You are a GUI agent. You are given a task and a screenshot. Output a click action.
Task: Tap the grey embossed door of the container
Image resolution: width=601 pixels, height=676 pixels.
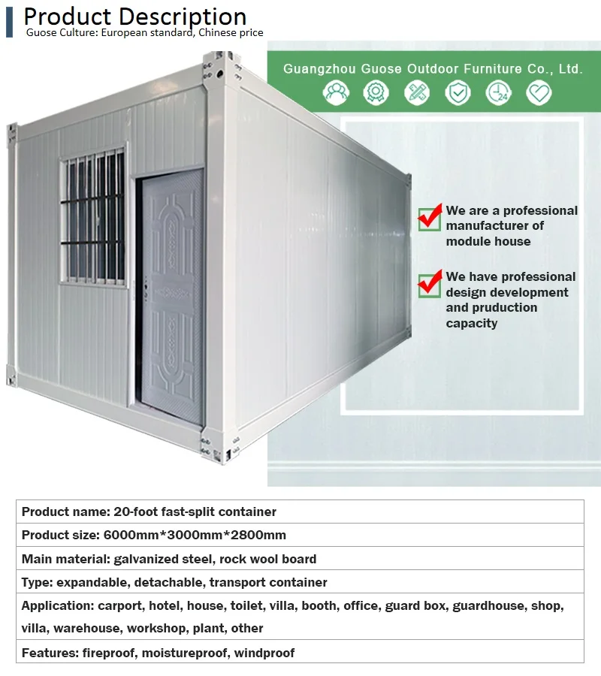click(x=173, y=296)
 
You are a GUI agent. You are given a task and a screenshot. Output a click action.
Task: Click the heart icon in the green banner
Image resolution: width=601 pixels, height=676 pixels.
click(x=539, y=92)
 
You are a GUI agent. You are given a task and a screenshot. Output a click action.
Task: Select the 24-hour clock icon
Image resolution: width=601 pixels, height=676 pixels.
click(x=498, y=92)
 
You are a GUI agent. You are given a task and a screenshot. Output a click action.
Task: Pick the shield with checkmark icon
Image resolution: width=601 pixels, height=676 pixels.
click(x=458, y=92)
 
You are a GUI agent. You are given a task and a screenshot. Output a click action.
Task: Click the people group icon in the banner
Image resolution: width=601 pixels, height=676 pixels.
click(x=336, y=92)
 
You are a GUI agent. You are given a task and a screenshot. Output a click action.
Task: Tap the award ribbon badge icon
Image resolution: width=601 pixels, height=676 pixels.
click(x=376, y=92)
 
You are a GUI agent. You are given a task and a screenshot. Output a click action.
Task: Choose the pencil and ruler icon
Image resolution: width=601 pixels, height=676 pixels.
click(x=417, y=92)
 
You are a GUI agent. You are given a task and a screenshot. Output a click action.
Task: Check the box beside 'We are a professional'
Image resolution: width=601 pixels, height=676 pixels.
click(x=430, y=218)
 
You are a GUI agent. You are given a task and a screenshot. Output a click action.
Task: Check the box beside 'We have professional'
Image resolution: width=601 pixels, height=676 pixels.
click(x=430, y=284)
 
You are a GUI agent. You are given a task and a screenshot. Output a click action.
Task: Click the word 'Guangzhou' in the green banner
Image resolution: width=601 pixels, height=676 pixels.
click(x=319, y=69)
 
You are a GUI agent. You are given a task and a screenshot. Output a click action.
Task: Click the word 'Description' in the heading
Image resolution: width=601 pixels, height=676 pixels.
click(x=183, y=17)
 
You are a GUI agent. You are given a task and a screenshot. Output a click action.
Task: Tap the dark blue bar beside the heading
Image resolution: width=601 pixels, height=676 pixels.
click(x=9, y=22)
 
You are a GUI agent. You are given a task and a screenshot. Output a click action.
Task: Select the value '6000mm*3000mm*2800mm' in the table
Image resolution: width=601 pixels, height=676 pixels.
click(x=195, y=535)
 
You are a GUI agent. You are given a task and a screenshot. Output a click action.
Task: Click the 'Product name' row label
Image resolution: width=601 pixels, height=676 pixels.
click(x=66, y=512)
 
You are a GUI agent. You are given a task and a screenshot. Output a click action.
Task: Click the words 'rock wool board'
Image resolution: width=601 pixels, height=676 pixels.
click(x=267, y=559)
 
